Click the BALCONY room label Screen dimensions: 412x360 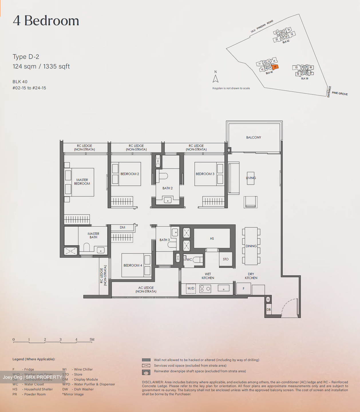click(254, 137)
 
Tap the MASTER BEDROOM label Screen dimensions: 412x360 click(82, 182)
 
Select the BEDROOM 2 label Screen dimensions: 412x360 click(130, 174)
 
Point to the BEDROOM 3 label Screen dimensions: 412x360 click(205, 174)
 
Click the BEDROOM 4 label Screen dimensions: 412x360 click(133, 266)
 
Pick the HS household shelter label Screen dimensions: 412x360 click(212, 239)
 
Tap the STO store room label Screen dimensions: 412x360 click(226, 259)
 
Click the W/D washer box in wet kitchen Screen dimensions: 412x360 click(191, 289)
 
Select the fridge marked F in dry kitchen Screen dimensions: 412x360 click(244, 289)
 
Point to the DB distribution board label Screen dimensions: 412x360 click(268, 310)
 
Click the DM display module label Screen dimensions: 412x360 click(122, 227)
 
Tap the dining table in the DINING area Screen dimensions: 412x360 click(251, 246)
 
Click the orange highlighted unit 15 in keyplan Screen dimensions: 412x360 click(275, 67)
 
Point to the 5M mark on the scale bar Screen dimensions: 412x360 click(92, 340)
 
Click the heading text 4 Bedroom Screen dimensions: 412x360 click(46, 21)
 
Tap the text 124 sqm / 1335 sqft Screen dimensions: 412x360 click(41, 66)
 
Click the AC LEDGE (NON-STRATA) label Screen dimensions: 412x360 click(146, 290)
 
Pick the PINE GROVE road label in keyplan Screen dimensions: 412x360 click(340, 94)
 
